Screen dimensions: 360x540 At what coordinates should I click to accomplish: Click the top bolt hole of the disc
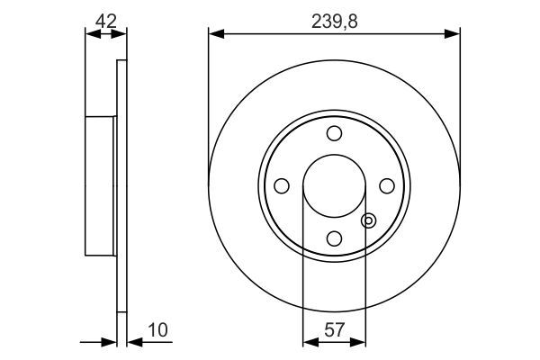(334, 133)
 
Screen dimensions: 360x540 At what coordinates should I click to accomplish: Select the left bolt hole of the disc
(281, 185)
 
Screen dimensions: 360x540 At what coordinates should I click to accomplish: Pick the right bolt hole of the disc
(387, 185)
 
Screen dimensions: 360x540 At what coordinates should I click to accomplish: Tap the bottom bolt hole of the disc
(334, 238)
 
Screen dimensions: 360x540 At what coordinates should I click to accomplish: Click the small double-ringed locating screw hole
(367, 220)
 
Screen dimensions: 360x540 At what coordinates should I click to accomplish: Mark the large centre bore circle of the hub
(334, 185)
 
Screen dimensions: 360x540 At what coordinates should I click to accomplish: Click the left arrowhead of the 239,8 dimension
(214, 33)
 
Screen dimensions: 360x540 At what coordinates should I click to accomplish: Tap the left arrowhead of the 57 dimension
(308, 341)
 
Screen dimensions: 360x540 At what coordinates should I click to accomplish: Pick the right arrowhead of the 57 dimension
(361, 341)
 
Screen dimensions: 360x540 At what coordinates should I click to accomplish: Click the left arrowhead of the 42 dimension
(90, 33)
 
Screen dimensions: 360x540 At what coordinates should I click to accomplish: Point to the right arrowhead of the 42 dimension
(121, 33)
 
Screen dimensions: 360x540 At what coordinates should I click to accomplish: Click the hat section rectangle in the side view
(101, 185)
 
